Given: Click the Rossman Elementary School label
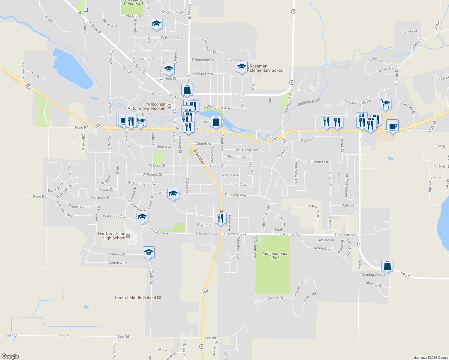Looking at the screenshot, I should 267,68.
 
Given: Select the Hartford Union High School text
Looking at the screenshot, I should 112,236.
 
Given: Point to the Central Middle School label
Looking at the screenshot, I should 136,298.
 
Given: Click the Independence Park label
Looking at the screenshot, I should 275,256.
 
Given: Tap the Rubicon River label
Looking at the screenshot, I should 309,102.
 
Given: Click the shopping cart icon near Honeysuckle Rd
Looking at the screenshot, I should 385,103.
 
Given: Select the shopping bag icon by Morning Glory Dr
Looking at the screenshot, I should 387,265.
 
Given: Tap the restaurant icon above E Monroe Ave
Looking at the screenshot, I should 221,218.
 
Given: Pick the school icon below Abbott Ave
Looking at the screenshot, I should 156,23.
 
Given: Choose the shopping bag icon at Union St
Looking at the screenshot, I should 187,89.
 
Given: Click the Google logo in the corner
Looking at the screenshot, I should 10,356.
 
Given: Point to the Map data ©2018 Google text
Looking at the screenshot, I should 430,358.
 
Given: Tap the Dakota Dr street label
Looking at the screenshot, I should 275,298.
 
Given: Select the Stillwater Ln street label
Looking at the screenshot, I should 318,162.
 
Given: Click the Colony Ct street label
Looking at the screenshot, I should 410,31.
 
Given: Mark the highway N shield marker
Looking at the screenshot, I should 79,13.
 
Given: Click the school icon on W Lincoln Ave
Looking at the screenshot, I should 173,193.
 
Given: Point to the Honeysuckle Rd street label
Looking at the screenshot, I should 358,102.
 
